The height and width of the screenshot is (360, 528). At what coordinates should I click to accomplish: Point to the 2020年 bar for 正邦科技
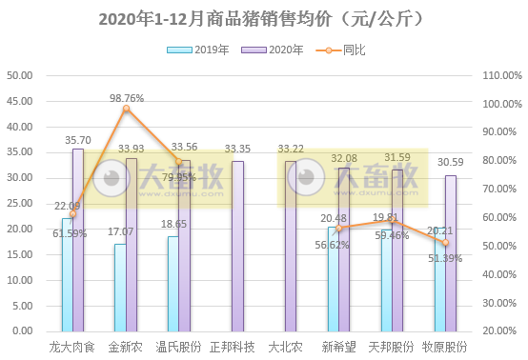(238, 246)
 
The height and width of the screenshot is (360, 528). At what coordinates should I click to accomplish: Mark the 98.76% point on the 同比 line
(126, 109)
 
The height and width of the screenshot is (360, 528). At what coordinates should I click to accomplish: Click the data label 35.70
(77, 140)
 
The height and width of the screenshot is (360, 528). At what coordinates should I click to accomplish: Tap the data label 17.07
(120, 231)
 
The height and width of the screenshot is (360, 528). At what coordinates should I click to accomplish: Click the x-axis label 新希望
(339, 347)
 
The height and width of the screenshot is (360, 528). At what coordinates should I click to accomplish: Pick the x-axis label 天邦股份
(392, 347)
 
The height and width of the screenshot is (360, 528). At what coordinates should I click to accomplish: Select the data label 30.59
(451, 163)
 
